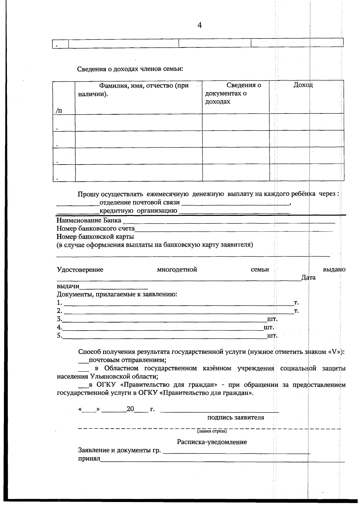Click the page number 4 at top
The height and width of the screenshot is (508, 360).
tap(199, 26)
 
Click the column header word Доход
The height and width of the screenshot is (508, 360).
tap(303, 85)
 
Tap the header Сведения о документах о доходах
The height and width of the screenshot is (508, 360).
tap(233, 93)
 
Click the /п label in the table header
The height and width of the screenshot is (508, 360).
tap(59, 110)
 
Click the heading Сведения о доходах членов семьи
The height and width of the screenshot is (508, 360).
tap(130, 69)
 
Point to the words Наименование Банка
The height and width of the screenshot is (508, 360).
tap(89, 220)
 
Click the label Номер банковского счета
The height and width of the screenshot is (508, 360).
tap(96, 229)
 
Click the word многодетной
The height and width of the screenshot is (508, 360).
tap(177, 270)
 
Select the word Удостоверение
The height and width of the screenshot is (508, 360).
tap(80, 270)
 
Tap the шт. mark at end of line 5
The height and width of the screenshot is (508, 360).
tap(272, 336)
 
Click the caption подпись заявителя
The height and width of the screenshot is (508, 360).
tap(236, 418)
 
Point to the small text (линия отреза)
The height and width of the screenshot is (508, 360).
tap(212, 432)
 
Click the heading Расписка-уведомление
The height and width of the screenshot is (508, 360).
tap(212, 442)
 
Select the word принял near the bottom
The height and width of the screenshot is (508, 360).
tap(89, 459)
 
